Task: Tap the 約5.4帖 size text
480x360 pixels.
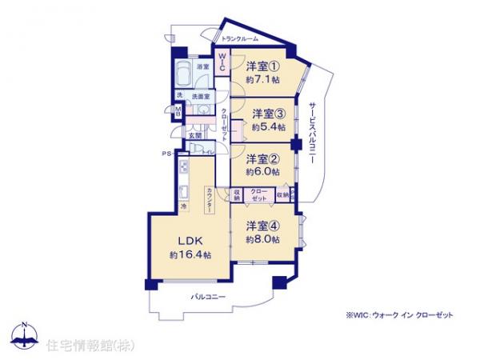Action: point(266,126)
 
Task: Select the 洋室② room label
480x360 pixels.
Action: point(262,158)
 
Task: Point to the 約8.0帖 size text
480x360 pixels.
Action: point(264,239)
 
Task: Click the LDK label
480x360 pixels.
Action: point(190,240)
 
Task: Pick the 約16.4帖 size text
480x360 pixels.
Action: point(190,254)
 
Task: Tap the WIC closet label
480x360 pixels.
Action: point(223,61)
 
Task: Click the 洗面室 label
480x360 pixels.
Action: point(201,96)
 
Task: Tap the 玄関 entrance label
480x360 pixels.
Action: point(195,137)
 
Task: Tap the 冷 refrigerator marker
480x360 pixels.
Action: point(182,207)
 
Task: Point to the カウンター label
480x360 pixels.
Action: point(209,198)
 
